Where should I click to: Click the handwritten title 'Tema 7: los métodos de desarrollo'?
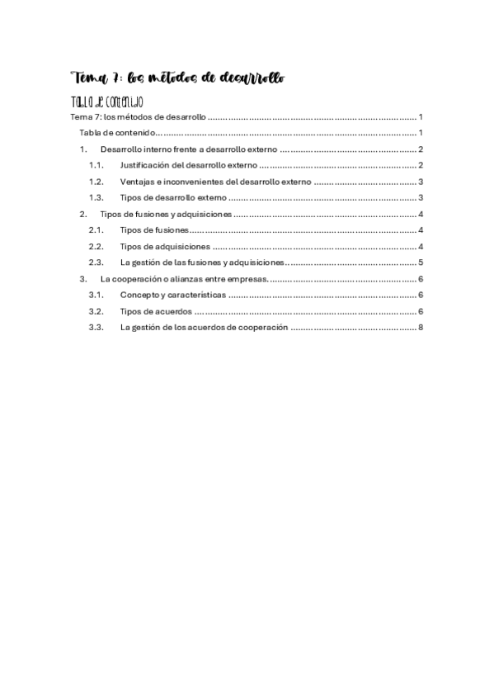tap(178, 79)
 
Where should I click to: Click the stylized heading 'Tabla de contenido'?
tap(108, 102)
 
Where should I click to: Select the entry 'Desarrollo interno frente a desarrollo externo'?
tap(189, 149)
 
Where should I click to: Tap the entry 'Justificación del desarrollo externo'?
tap(188, 166)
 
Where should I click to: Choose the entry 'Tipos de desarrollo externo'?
tap(172, 198)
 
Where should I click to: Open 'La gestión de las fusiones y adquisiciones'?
tap(202, 262)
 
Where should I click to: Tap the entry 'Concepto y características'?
tap(172, 295)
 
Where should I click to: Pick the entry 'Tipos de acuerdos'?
tap(156, 311)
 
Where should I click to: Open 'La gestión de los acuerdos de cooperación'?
tap(204, 327)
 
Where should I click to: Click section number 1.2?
tap(97, 182)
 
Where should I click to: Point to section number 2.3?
tap(97, 262)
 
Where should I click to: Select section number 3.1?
tap(97, 295)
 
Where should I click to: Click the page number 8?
tap(421, 327)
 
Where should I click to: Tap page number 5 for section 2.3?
tap(421, 262)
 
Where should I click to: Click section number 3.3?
tap(97, 327)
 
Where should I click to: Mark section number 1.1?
tap(97, 166)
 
